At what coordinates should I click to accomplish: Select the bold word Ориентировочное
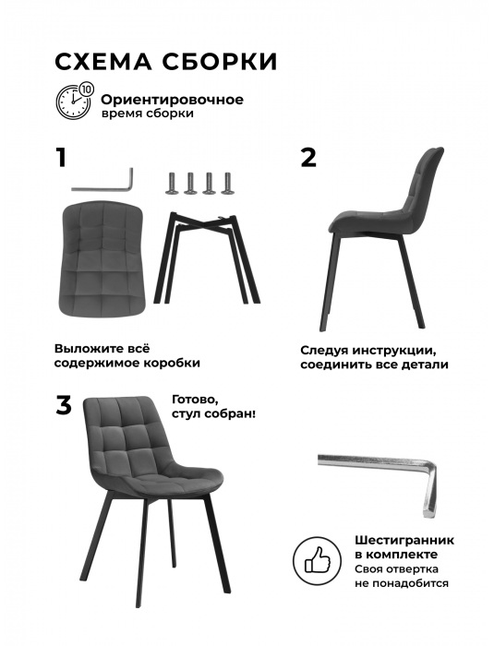point(172,99)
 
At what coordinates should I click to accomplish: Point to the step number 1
point(61,158)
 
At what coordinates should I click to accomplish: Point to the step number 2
point(308,158)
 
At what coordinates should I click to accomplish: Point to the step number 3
point(63,406)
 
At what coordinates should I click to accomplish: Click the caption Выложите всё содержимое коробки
point(127,356)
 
